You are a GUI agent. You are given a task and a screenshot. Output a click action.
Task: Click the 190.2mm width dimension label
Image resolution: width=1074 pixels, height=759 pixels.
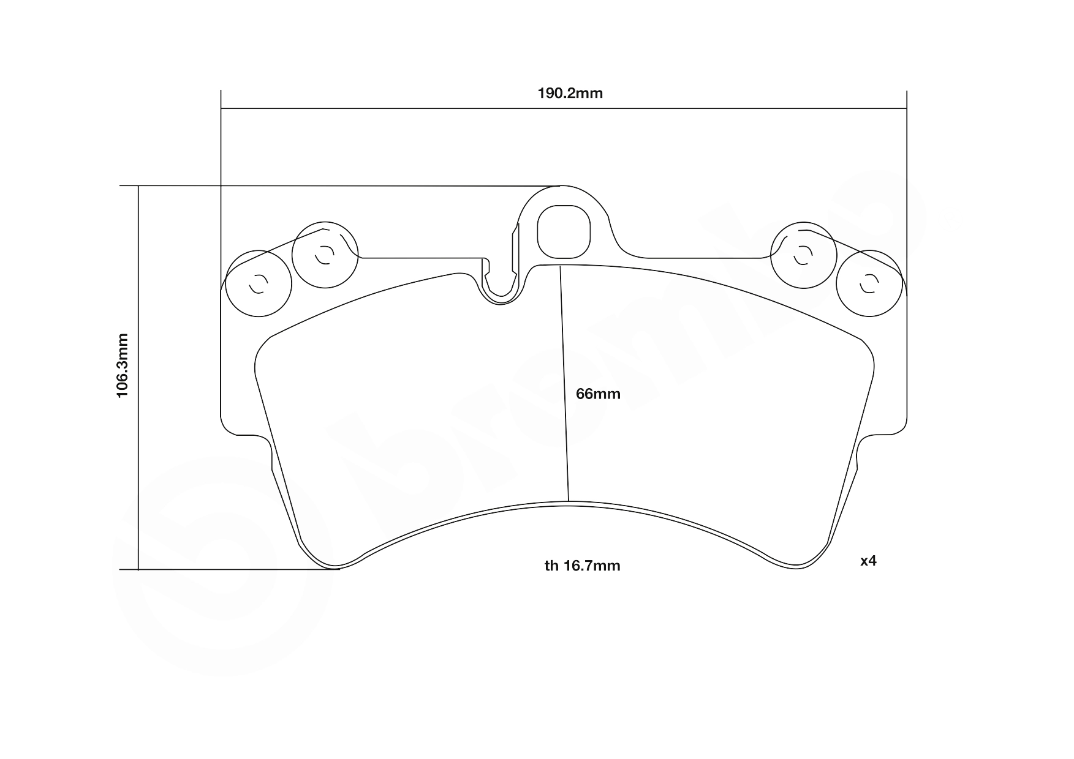[570, 93]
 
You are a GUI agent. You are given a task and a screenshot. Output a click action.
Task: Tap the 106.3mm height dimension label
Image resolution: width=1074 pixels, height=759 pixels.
[123, 365]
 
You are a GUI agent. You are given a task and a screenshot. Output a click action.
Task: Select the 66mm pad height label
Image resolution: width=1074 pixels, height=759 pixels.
[598, 394]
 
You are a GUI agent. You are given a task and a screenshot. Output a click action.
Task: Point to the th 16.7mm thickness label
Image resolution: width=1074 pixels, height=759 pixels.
[582, 566]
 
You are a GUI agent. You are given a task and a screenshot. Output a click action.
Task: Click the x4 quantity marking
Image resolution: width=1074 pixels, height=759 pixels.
[868, 561]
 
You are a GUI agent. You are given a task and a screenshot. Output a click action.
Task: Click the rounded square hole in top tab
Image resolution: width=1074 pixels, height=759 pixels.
[563, 232]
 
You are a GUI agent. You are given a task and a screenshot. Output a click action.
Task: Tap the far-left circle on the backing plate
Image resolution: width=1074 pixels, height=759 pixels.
[258, 283]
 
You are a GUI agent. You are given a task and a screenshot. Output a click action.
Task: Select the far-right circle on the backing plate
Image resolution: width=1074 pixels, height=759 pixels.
[869, 283]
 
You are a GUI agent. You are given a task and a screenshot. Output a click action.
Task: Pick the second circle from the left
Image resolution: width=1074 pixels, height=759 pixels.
[325, 255]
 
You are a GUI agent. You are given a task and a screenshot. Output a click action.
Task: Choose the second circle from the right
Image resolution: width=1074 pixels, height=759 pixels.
[803, 255]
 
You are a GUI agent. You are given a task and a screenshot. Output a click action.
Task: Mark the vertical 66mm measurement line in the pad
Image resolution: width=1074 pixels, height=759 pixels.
[565, 386]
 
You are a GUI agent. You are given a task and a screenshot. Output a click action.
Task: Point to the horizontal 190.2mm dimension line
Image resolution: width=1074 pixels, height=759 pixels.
[563, 109]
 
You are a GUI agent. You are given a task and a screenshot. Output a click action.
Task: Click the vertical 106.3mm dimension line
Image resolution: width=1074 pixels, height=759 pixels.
[139, 378]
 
